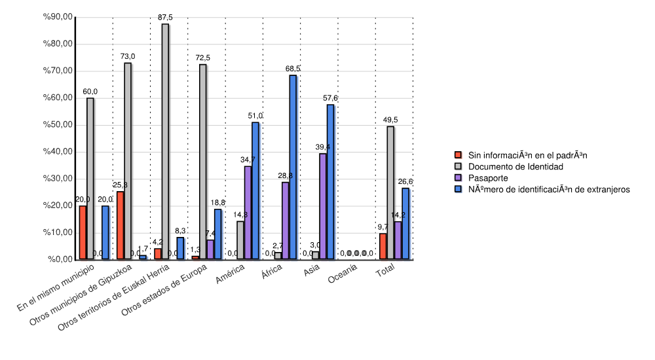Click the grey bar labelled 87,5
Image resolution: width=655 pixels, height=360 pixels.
pos(165,141)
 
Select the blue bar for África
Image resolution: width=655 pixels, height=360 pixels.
pos(293,168)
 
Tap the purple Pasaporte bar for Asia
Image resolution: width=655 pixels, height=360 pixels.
pos(323,206)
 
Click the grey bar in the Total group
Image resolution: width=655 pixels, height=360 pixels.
pos(390,192)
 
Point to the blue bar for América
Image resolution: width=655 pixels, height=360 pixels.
pos(255,190)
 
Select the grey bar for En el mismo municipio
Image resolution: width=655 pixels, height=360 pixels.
pos(90,179)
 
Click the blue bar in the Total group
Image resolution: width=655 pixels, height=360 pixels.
pos(405,224)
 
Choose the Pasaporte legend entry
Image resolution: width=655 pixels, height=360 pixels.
pos(487,178)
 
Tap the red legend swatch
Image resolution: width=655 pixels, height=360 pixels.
pos(458,155)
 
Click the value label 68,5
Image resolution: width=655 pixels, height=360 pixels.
pos(293,69)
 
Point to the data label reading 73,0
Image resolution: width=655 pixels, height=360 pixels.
pos(128,57)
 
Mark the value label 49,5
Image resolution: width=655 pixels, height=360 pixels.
pos(390,120)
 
